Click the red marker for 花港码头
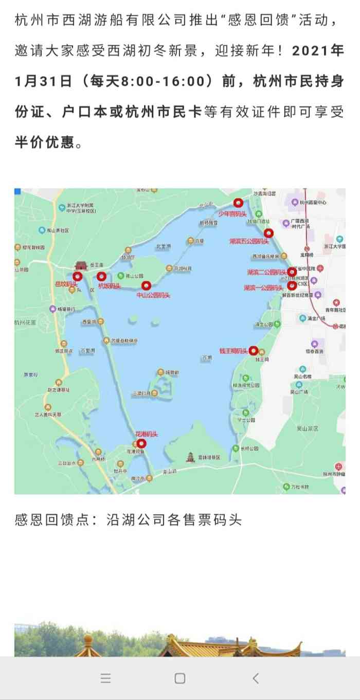tap(141, 443)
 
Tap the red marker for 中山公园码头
tap(146, 285)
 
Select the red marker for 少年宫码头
tap(237, 203)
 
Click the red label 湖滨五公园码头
tap(249, 241)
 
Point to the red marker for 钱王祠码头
tap(253, 350)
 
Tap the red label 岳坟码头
tap(66, 284)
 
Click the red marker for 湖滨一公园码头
tap(292, 285)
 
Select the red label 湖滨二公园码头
tap(266, 272)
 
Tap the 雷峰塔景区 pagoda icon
tap(191, 456)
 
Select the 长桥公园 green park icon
tap(236, 448)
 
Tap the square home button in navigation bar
tap(179, 678)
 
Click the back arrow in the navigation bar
tap(256, 678)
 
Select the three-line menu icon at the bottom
tap(105, 678)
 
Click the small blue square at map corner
tap(17, 191)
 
